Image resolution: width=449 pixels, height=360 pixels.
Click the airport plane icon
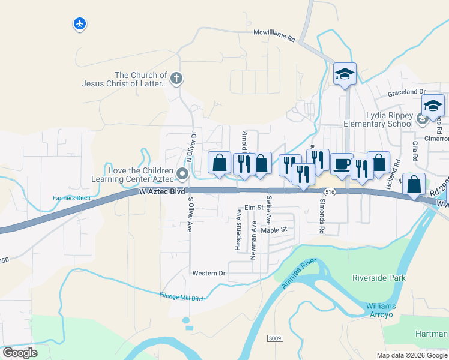click(x=80, y=24)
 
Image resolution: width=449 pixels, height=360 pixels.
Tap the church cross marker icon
click(x=176, y=78)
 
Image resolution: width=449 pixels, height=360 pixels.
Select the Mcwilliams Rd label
click(x=274, y=35)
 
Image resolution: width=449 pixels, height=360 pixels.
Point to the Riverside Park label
click(x=379, y=278)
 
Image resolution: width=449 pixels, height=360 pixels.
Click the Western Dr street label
click(x=208, y=273)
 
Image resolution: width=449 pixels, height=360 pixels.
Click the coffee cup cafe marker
click(x=342, y=164)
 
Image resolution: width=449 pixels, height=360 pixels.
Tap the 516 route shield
click(x=328, y=191)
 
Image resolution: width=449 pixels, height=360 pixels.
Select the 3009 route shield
click(x=275, y=339)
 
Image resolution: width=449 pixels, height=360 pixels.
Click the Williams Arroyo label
click(x=381, y=310)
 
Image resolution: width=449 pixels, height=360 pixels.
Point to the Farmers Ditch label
click(x=70, y=197)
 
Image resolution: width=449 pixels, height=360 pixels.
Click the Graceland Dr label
click(x=406, y=92)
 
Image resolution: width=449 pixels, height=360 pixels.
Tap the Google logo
click(x=20, y=353)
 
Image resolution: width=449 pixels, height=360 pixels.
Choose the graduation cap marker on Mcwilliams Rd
click(x=345, y=74)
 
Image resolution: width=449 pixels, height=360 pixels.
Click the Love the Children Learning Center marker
click(x=182, y=174)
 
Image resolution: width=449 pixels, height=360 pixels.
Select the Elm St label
click(x=253, y=208)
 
